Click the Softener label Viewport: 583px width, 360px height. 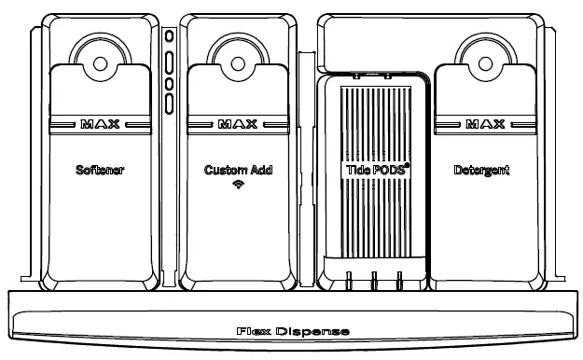pos(101,172)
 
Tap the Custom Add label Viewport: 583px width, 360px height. pos(238,172)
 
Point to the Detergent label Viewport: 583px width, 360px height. pos(481,172)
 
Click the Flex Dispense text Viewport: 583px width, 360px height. pos(292,331)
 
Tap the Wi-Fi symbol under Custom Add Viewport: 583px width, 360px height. pos(238,186)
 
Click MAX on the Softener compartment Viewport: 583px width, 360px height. pos(101,123)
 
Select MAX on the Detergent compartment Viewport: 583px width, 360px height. pos(480,123)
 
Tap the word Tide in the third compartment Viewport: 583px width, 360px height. pos(354,173)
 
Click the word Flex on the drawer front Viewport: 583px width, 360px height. pos(254,331)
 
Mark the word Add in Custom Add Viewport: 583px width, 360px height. pos(260,172)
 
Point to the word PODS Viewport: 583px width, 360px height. pos(385,173)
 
